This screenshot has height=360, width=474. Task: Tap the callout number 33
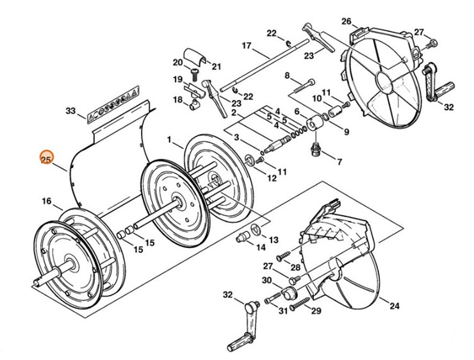point(70,111)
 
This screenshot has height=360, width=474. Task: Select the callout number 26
point(346,21)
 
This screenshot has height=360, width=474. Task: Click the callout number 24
point(394,305)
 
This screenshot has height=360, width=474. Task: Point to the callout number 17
point(246,45)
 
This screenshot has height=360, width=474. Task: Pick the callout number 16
point(47,201)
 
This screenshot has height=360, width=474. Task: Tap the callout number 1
point(170,139)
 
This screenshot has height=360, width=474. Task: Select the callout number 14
point(261,247)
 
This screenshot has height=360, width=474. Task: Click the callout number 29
point(315,311)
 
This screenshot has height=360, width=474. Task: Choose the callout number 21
point(217,66)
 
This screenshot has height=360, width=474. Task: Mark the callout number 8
point(287,75)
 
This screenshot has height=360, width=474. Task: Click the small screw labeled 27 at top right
point(432,44)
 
